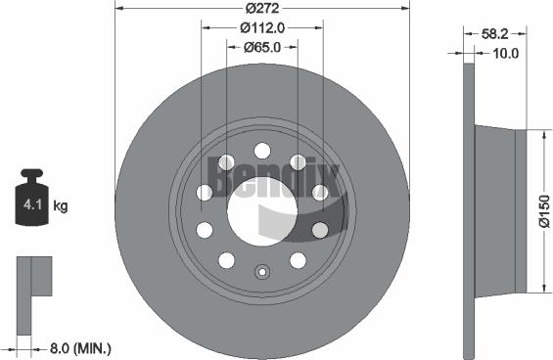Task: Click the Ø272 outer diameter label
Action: pyautogui.click(x=262, y=8)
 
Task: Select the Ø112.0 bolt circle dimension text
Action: pyautogui.click(x=262, y=28)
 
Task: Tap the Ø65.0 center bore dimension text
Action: pyautogui.click(x=262, y=46)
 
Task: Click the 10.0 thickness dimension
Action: pyautogui.click(x=507, y=53)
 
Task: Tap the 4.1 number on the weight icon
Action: pyautogui.click(x=31, y=206)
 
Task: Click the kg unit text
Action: pyautogui.click(x=61, y=206)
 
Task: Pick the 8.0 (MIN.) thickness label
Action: pyautogui.click(x=78, y=347)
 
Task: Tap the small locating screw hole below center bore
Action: pyautogui.click(x=261, y=274)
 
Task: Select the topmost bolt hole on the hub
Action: pyautogui.click(x=261, y=150)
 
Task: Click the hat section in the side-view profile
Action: pyautogui.click(x=499, y=209)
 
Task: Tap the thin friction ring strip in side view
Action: pyautogui.click(x=468, y=209)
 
